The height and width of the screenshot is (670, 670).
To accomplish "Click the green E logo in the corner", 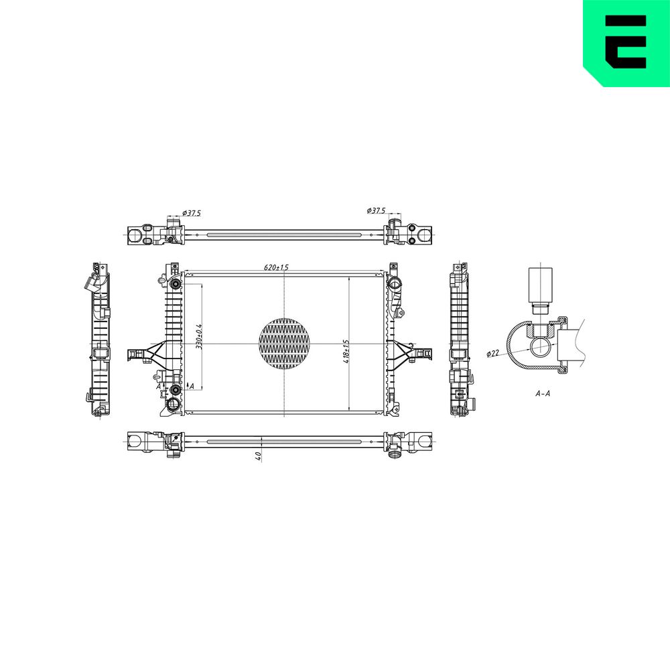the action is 626,43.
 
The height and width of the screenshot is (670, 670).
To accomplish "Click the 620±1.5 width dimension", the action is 276,267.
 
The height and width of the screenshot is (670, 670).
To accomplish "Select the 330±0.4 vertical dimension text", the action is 199,337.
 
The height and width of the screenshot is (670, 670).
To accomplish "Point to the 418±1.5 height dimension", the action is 346,351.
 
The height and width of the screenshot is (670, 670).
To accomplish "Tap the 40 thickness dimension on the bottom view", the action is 258,456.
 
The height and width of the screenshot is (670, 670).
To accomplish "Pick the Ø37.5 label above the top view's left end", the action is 191,213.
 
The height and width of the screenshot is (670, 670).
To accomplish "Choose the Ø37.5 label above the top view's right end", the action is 376,210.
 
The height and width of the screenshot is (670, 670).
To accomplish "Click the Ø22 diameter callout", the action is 493,353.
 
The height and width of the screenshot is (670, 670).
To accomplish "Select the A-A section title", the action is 543,393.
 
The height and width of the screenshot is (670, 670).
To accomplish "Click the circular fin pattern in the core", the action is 284,343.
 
